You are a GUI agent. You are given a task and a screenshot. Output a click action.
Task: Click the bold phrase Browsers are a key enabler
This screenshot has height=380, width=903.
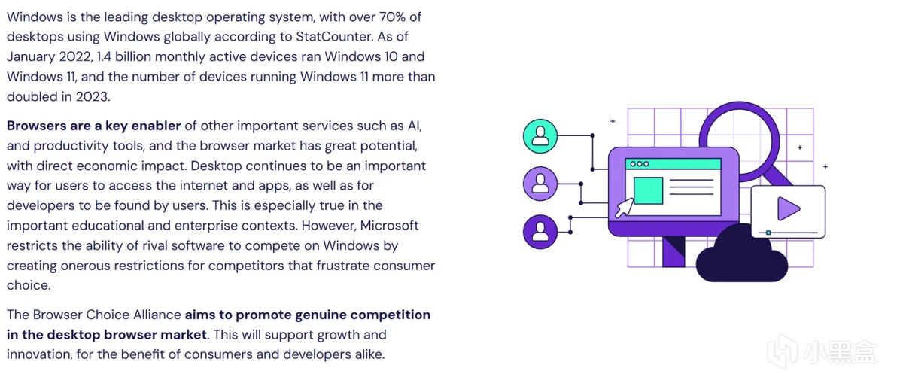coord(94,126)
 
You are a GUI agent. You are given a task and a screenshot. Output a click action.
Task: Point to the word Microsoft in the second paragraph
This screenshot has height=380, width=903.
coord(390,226)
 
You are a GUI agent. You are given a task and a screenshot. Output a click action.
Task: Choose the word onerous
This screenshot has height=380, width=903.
coord(84,266)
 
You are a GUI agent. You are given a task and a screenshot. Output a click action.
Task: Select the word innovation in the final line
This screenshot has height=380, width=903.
coord(39,354)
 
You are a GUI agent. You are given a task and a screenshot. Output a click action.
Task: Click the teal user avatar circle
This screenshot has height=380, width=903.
coord(540,136)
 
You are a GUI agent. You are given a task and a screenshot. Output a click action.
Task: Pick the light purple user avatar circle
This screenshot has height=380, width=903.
coord(540,184)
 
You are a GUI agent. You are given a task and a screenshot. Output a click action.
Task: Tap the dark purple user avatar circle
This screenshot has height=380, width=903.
coord(540,231)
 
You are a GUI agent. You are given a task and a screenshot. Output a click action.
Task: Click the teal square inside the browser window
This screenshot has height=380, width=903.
coord(648,190)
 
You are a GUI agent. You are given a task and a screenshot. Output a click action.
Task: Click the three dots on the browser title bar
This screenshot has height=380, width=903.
coord(639,163)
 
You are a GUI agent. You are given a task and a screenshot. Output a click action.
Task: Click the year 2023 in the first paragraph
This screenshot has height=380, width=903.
coord(93,96)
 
